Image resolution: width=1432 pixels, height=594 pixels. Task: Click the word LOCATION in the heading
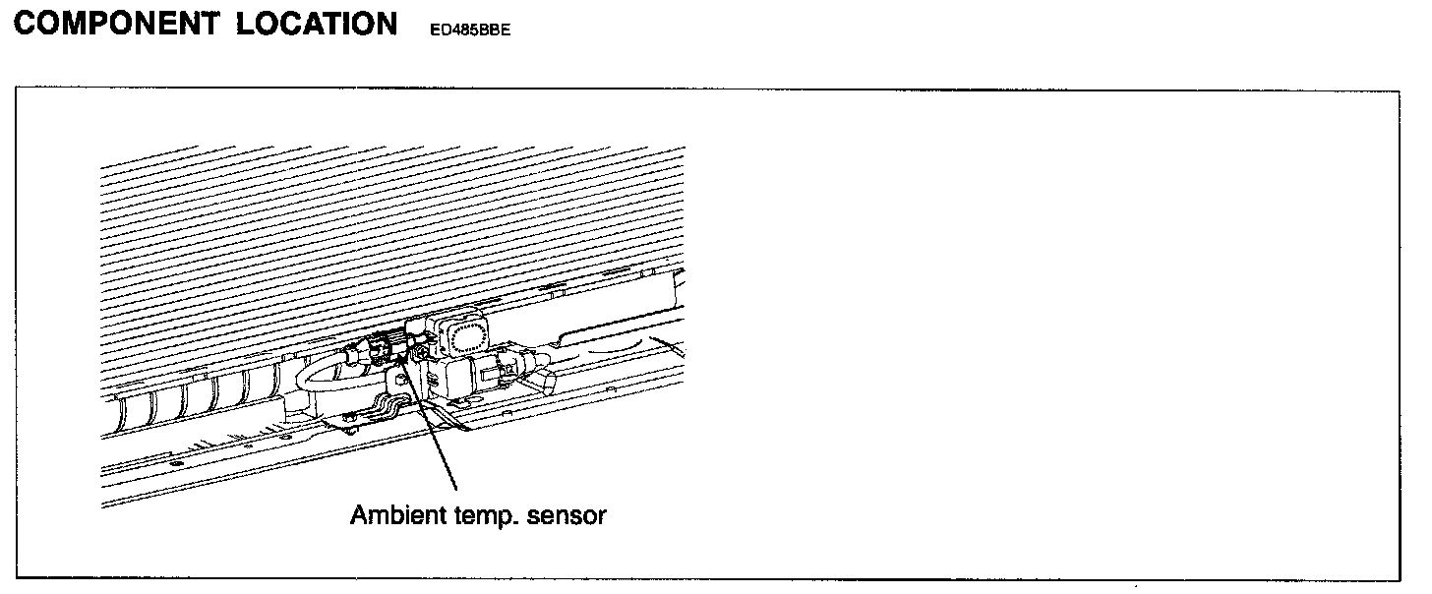(316, 25)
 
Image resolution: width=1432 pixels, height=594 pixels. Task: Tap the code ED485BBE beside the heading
(469, 30)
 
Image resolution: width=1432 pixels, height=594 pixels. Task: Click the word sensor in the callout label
(567, 515)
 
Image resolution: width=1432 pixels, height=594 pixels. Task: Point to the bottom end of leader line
(456, 489)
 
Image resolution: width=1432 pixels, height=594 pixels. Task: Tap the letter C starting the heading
(28, 25)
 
